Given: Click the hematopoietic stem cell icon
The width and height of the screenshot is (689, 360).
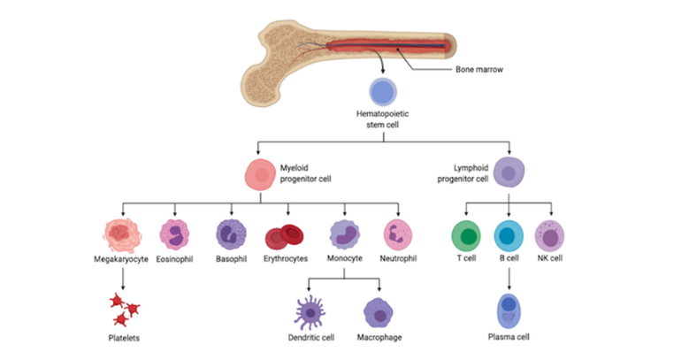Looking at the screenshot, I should pos(382,92).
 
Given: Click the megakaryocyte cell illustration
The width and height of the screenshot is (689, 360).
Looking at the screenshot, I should pos(123,234).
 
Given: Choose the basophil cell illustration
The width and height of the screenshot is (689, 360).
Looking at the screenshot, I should pos(232,234).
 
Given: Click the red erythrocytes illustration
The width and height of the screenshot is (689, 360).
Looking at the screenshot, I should pos(285,237).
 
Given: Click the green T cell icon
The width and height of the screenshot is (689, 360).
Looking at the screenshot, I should pos(466,236).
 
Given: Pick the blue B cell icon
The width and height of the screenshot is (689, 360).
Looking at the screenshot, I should pos(509,236).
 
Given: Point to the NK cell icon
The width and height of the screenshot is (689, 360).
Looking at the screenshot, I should pos(550,236).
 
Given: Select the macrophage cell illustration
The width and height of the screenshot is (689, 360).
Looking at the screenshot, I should pos(379,313).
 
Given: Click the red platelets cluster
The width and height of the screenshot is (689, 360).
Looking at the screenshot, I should pos(124,309).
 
